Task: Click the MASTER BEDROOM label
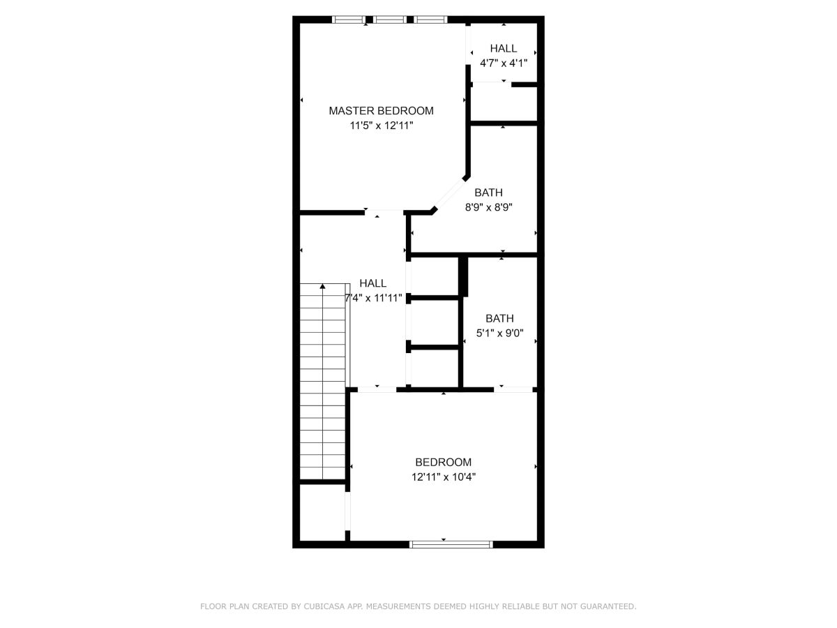(x=381, y=110)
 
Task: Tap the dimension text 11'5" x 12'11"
(x=382, y=126)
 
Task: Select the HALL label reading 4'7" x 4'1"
(x=504, y=48)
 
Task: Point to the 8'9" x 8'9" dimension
(x=488, y=207)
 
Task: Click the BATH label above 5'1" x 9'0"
(x=499, y=318)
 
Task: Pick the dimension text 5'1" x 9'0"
(x=499, y=333)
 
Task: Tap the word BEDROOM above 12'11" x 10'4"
(x=443, y=462)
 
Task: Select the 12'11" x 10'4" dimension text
(x=444, y=477)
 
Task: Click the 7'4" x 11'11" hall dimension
(x=373, y=298)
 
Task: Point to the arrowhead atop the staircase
(x=323, y=286)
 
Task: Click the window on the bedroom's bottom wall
(x=451, y=544)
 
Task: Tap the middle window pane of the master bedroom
(x=390, y=20)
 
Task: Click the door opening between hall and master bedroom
(x=384, y=212)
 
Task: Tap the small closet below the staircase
(x=323, y=512)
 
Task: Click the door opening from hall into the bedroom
(x=377, y=389)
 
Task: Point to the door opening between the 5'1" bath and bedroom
(x=513, y=389)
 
